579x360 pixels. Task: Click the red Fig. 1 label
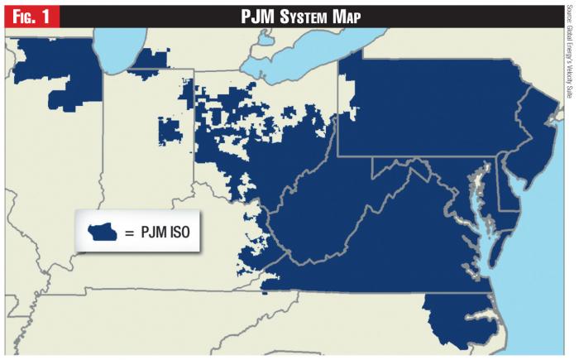coord(30,15)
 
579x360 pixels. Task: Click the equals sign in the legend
coord(129,234)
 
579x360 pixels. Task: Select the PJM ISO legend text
coord(167,234)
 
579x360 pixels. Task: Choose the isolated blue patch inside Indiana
coord(170,132)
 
